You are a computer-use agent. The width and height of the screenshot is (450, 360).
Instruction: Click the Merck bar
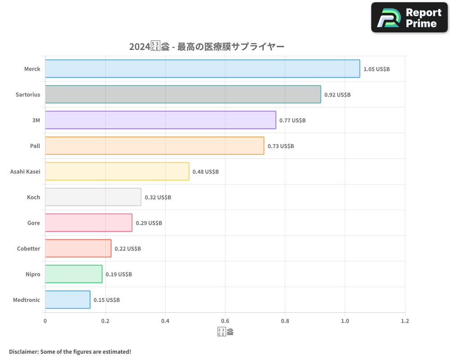tap(202, 69)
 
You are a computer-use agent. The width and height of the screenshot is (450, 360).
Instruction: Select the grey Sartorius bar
tap(183, 94)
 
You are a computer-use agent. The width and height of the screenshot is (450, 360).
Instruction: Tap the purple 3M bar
tap(160, 120)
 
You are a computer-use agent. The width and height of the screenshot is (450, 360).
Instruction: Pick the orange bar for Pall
tap(154, 146)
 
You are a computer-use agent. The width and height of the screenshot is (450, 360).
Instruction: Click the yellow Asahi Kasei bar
tap(117, 171)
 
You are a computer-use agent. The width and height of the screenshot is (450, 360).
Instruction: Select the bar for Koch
tap(93, 197)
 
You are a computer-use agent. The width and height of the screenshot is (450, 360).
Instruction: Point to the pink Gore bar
tap(89, 223)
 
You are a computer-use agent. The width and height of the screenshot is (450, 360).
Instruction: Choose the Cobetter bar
tap(78, 248)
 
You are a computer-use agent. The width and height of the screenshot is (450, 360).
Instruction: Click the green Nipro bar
tap(73, 274)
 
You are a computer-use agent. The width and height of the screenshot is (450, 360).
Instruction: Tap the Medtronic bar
tap(67, 300)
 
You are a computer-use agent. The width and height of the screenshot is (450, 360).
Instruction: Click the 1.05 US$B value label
tap(377, 69)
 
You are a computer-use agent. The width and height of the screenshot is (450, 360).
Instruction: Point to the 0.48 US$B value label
tap(206, 172)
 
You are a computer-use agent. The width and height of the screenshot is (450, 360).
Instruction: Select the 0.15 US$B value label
tap(107, 300)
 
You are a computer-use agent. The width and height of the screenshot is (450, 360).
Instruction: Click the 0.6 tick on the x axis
tap(225, 321)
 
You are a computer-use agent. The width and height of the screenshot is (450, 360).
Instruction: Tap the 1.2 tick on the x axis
tap(405, 321)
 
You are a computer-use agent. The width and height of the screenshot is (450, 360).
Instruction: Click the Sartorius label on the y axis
tap(28, 95)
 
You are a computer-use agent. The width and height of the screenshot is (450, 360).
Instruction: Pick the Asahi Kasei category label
tap(25, 172)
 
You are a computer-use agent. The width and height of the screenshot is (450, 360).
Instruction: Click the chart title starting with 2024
tap(207, 47)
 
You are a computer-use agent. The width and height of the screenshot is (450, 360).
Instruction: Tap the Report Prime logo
tap(409, 18)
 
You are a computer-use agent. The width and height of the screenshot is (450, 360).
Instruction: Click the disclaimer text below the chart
tap(70, 351)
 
